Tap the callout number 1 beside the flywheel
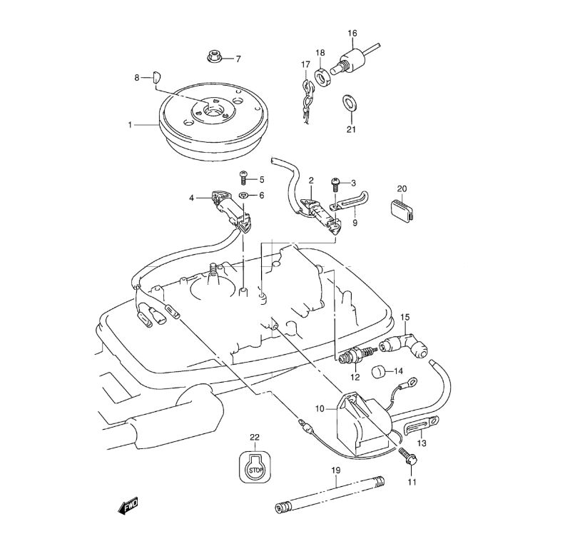(131, 125)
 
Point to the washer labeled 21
(350, 103)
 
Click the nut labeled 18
(322, 74)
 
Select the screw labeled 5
(243, 176)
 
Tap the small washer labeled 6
(244, 195)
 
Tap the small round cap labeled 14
(379, 371)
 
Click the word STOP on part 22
(255, 469)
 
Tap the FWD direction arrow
(128, 506)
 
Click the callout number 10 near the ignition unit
(320, 409)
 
